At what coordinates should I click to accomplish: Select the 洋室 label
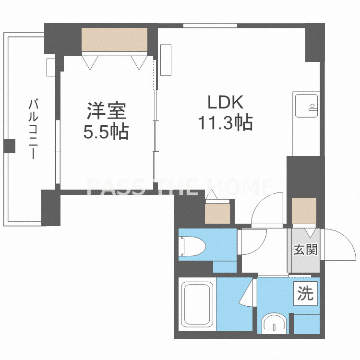[106, 111]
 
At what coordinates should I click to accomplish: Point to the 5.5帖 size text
[106, 132]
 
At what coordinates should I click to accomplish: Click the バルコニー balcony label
[33, 129]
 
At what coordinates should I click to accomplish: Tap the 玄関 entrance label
[306, 249]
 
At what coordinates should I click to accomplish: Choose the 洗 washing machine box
[306, 294]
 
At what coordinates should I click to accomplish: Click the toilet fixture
[192, 246]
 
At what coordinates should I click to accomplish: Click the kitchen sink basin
[307, 105]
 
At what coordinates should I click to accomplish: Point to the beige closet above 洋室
[115, 40]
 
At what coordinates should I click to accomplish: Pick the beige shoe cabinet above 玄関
[304, 211]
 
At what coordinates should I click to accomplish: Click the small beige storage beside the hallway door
[217, 214]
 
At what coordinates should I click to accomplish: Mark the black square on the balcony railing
[10, 146]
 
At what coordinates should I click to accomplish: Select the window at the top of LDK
[210, 25]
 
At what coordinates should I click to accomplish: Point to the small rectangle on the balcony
[51, 67]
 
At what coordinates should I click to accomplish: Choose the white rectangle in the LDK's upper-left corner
[166, 60]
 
